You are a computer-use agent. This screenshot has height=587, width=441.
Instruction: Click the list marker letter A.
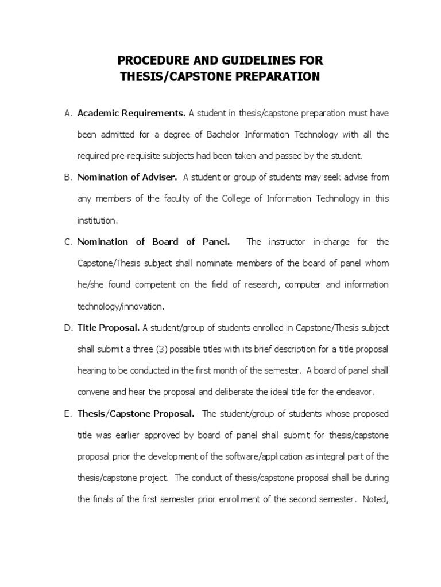point(67,113)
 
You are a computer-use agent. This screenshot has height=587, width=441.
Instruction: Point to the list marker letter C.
point(67,242)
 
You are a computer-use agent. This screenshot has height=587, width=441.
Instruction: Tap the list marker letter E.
point(67,413)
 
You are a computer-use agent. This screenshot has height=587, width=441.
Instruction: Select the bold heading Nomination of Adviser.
point(127,177)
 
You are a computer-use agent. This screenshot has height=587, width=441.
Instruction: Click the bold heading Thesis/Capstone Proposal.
point(136,413)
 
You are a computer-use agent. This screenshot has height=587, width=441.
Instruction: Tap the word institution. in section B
point(98,220)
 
